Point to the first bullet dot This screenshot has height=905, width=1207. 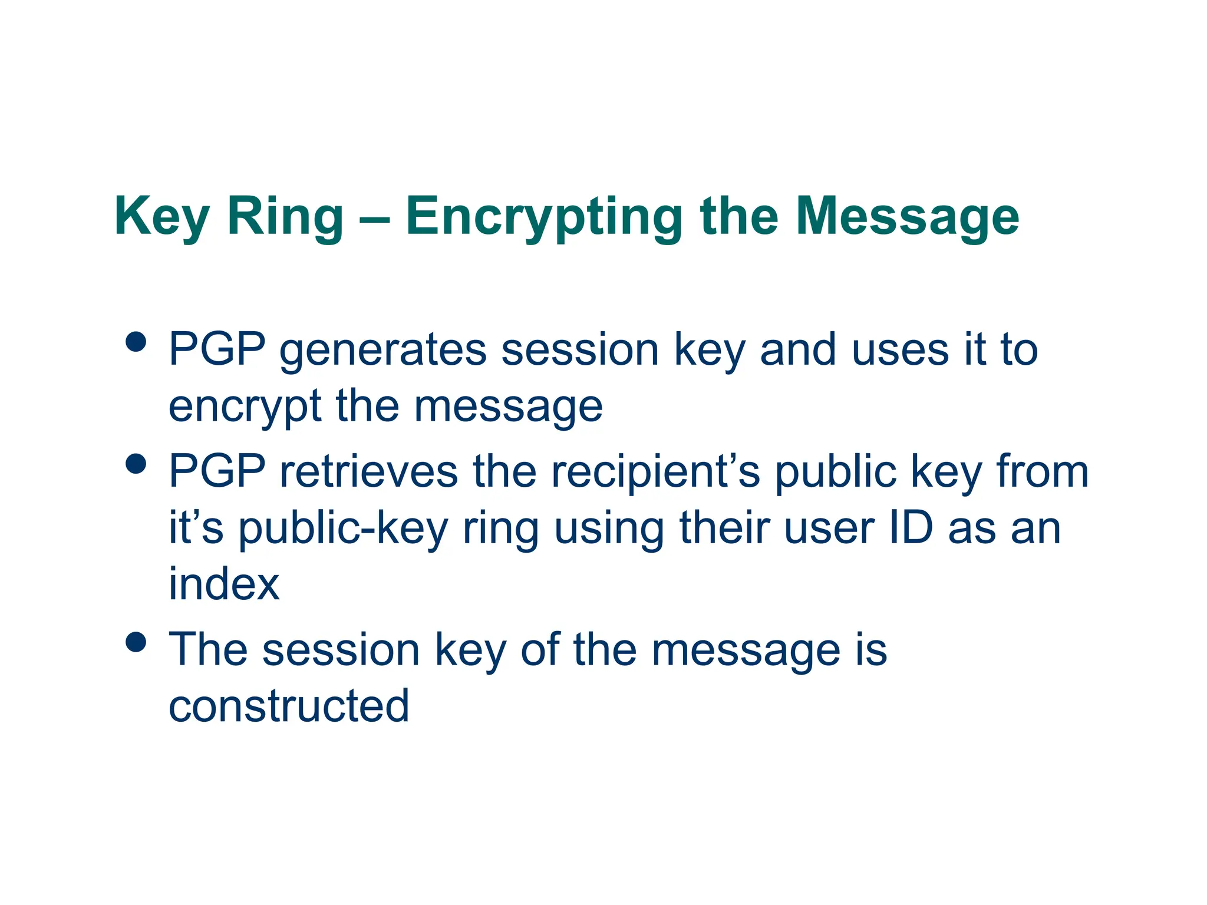click(x=136, y=342)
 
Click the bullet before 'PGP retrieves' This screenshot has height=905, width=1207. click(x=136, y=463)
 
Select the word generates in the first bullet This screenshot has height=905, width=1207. click(x=382, y=350)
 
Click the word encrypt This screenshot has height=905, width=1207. click(x=245, y=407)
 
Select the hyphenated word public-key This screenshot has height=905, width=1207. click(x=343, y=529)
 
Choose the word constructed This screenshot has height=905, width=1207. click(x=289, y=706)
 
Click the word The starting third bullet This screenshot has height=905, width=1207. click(x=208, y=650)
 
